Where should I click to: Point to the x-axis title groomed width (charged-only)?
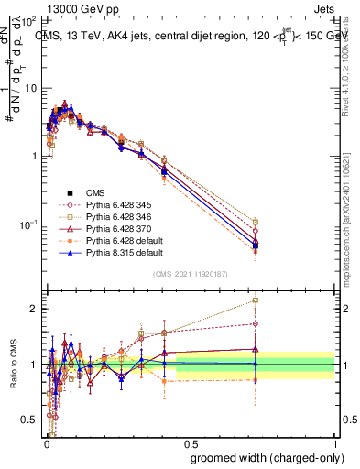(263, 457)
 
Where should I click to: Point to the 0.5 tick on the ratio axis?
(29, 420)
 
